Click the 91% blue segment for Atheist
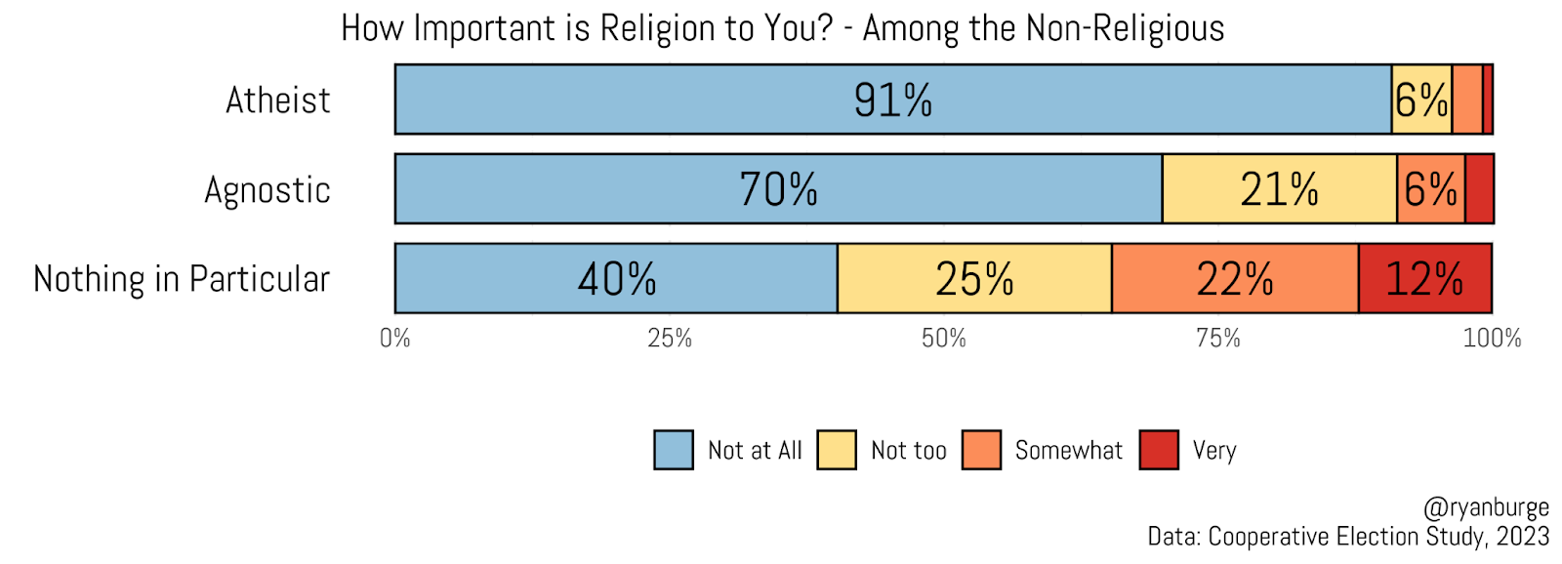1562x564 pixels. point(892,100)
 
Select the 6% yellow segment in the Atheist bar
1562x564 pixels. point(1421,100)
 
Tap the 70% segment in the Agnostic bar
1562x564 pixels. point(778,188)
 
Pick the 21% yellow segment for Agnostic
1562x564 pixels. point(1279,188)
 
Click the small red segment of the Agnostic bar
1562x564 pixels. point(1479,188)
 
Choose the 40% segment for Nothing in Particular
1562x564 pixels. point(616,278)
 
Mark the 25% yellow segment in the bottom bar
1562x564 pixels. point(974,278)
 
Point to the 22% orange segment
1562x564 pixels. point(1235,278)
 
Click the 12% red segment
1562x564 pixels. point(1424,278)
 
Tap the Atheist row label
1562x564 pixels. point(278,101)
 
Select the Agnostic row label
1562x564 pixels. point(267,189)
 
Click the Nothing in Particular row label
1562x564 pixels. point(182,279)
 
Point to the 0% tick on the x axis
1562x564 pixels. point(395,339)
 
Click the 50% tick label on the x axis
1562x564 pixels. point(944,339)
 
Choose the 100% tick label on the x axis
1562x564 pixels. point(1492,339)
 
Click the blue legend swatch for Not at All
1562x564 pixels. point(674,450)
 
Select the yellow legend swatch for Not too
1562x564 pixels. point(837,450)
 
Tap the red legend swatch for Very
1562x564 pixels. point(1159,450)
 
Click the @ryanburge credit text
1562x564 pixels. point(1486,507)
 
